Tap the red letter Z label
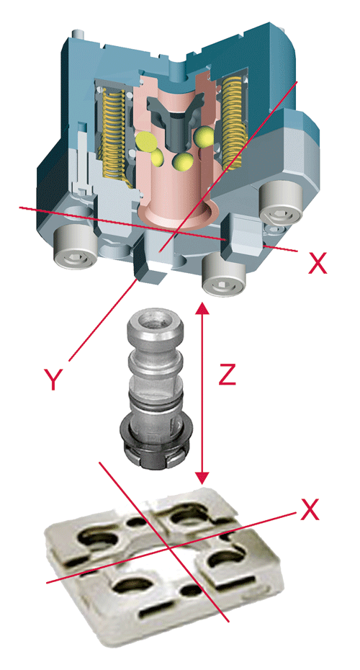(x=228, y=375)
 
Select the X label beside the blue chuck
(x=318, y=263)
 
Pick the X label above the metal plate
(x=310, y=509)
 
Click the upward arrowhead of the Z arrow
(x=202, y=308)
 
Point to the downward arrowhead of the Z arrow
(x=202, y=478)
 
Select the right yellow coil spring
(x=233, y=122)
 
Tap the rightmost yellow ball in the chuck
(x=204, y=136)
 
